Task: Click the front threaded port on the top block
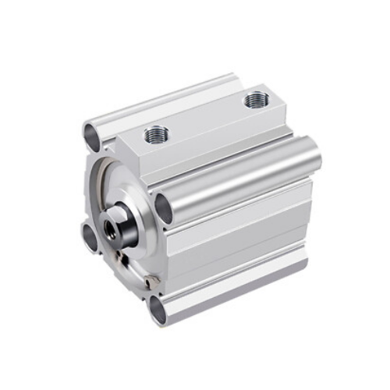pos(154,135)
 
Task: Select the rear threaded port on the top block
pos(255,99)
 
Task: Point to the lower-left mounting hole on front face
pos(90,235)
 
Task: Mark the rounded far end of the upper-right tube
pos(314,154)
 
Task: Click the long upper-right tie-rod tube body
pos(242,179)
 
